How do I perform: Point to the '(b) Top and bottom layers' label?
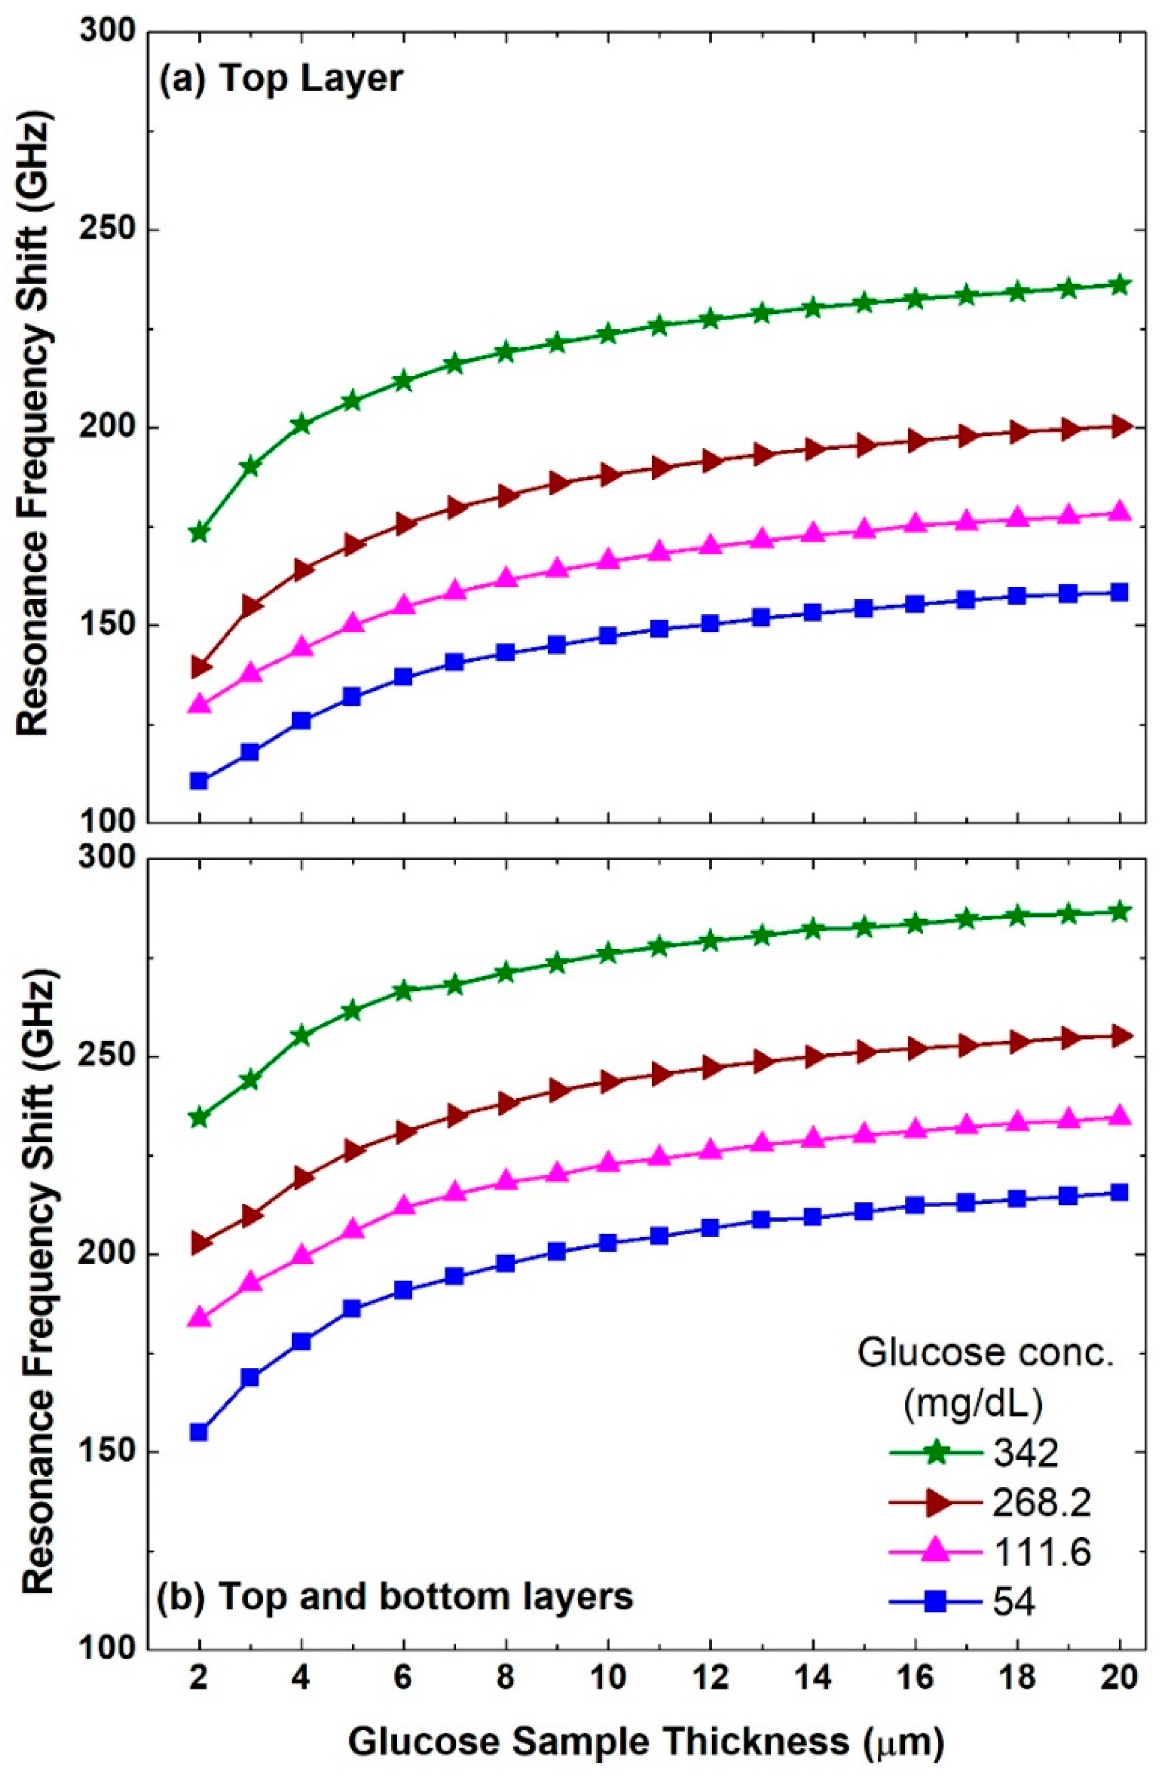pyautogui.click(x=396, y=1596)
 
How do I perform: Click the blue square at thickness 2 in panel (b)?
pyautogui.click(x=199, y=1432)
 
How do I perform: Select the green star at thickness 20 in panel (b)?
pyautogui.click(x=1119, y=911)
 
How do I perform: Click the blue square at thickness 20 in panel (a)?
pyautogui.click(x=1119, y=592)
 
